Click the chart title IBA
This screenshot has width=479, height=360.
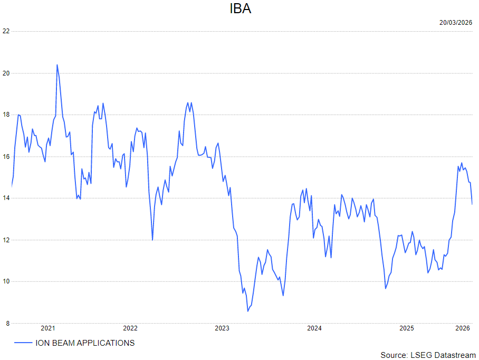240,9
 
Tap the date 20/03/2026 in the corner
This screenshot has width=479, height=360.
456,22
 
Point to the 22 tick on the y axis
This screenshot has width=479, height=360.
6,31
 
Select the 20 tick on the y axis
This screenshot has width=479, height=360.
6,73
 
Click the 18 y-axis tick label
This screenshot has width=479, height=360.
6,115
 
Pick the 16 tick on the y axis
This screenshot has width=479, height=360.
6,156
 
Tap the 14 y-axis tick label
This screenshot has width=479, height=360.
6,198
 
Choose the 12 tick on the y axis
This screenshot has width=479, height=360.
6,240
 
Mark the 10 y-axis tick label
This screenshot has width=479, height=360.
6,281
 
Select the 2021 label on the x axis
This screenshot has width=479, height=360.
48,328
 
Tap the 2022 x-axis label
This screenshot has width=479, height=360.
130,328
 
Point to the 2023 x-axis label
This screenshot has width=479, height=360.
222,328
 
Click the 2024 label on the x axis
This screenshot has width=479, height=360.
314,328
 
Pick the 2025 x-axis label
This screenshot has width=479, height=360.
407,328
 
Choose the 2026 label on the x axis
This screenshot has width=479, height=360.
463,328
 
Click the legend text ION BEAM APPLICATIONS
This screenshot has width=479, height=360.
85,343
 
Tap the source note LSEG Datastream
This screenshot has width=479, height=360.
428,355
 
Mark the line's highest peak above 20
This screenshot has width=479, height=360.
57,65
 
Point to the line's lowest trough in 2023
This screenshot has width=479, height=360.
247,311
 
